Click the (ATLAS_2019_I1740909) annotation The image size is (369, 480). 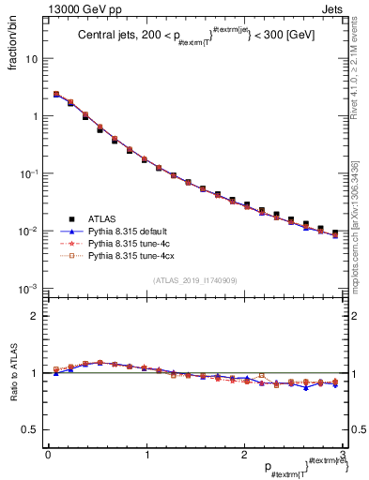click(x=194, y=280)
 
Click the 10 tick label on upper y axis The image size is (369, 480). click(x=31, y=59)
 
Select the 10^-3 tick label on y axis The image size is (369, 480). click(x=29, y=289)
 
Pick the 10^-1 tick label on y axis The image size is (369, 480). click(x=29, y=174)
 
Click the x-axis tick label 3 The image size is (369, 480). click(x=343, y=455)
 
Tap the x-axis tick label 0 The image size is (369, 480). click(x=47, y=455)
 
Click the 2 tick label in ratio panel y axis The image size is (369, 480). click(x=35, y=316)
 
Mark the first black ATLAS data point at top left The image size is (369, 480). click(x=56, y=95)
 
